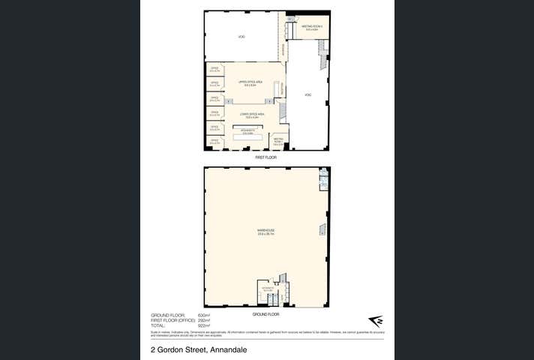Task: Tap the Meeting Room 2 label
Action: point(310,27)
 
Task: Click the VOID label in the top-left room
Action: point(241,36)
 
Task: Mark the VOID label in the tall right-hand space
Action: point(307,94)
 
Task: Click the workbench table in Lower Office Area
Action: point(244,134)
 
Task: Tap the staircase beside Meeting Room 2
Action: point(323,48)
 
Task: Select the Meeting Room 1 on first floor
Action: point(278,142)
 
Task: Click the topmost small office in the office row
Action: point(214,70)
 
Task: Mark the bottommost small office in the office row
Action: point(214,140)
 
